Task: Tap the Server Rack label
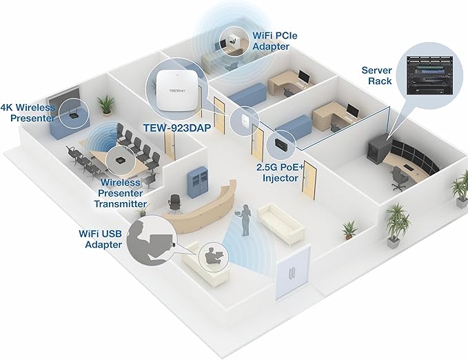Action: [x=377, y=76]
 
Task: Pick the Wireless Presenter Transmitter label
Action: [x=123, y=193]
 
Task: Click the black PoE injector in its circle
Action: [x=281, y=143]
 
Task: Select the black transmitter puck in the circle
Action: [x=120, y=159]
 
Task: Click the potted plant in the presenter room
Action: [x=105, y=105]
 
